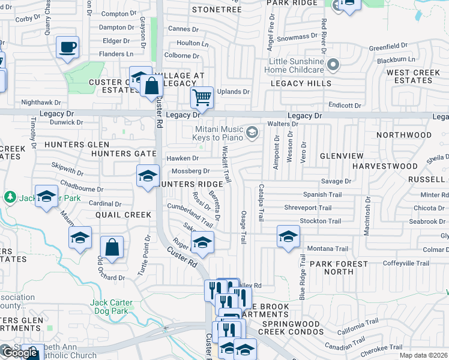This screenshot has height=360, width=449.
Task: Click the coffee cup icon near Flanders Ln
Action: pos(67,46)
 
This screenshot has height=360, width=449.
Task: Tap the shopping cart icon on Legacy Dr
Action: pos(202,97)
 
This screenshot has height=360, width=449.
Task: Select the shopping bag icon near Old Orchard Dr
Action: pos(112,247)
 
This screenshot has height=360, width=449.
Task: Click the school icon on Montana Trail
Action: pos(288,236)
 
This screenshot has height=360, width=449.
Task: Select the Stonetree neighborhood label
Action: pos(216,10)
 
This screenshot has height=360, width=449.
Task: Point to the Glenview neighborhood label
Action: pos(342,156)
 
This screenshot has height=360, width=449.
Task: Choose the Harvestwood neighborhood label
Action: pos(385,166)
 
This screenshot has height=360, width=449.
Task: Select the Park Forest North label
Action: pos(339,268)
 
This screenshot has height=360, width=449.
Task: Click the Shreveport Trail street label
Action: pos(309,208)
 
